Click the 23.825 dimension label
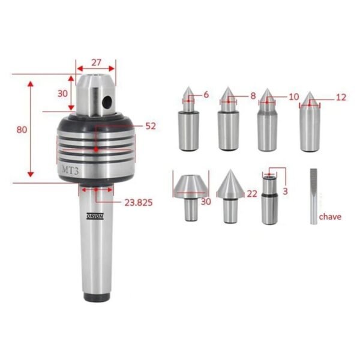139,203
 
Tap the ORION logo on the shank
95,216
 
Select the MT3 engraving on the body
70,170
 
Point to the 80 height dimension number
22,130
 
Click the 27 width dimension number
96,62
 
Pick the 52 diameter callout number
151,126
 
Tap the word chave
330,217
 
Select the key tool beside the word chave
314,197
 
